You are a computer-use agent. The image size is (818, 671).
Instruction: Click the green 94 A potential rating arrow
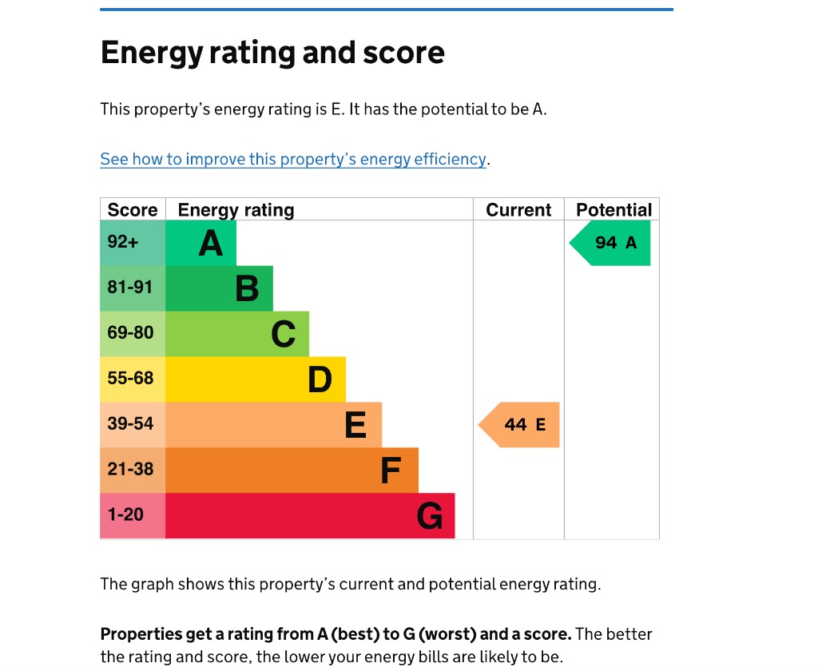611,243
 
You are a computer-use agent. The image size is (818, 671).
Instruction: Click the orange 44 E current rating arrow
521,425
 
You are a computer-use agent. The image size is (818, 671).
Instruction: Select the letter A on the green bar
211,243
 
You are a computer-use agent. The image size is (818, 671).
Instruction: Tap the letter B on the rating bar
247,288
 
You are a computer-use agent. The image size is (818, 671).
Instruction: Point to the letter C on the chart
284,334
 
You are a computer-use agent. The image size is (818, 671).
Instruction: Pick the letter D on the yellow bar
320,379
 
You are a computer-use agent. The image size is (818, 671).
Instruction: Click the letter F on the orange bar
390,470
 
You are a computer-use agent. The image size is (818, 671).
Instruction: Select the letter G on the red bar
430,517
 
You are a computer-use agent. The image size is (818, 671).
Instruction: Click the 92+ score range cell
133,243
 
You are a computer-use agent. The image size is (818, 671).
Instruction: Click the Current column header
518,210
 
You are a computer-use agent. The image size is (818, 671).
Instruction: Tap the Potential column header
613,210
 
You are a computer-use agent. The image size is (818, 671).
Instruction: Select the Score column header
133,210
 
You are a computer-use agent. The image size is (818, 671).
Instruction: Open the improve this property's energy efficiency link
293,159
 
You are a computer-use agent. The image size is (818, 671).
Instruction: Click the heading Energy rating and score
272,53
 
